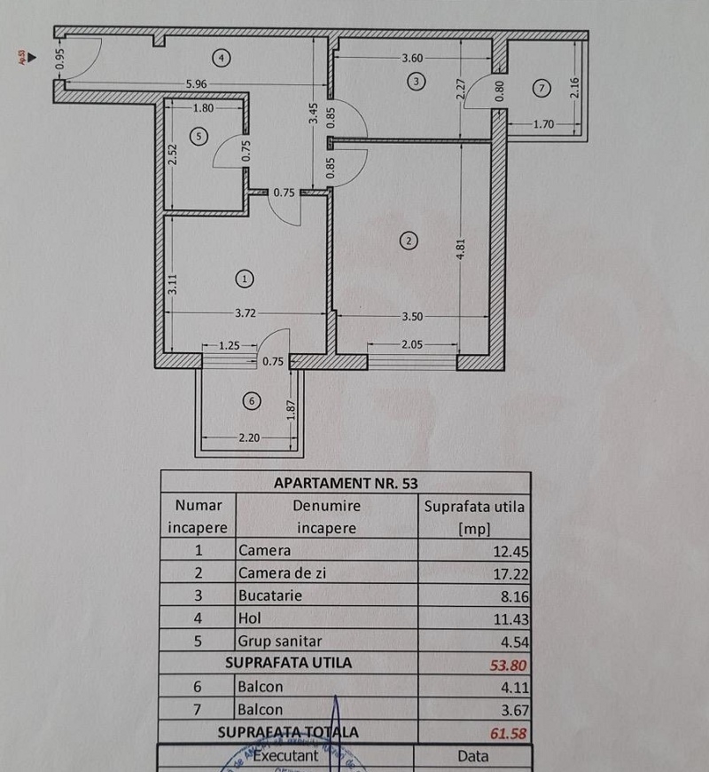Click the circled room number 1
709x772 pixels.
coord(245,279)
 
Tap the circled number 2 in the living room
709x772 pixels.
coord(409,240)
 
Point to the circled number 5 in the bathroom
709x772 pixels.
coord(199,136)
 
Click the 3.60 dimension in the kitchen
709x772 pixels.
coord(414,59)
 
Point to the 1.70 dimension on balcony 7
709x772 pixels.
coord(543,125)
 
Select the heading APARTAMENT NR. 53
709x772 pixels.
coord(346,483)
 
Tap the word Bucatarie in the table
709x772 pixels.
coord(270,595)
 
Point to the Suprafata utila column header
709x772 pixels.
coord(474,517)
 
